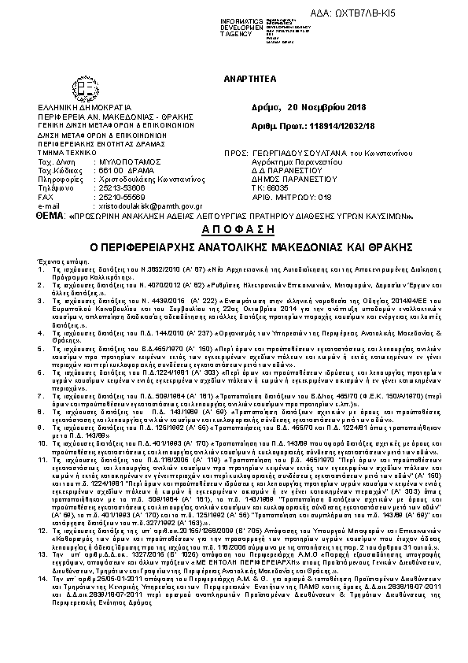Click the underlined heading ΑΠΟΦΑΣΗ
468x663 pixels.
(x=234, y=229)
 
